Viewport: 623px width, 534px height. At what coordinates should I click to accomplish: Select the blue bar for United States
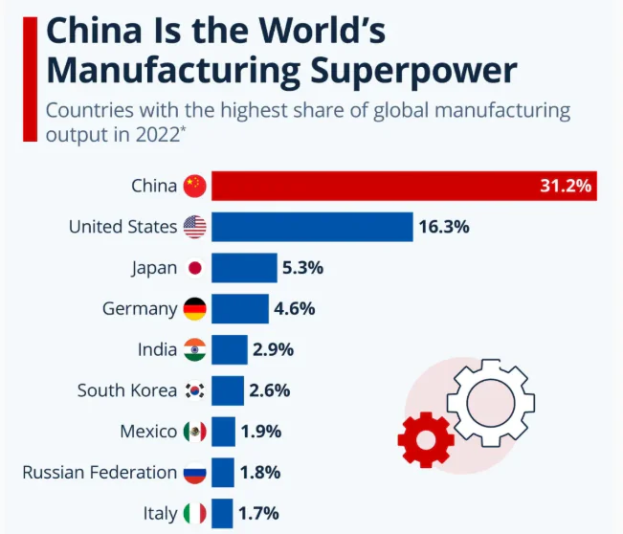click(312, 227)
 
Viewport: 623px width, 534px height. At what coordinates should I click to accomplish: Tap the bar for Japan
click(243, 268)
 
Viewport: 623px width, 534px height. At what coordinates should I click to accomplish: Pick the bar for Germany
click(239, 309)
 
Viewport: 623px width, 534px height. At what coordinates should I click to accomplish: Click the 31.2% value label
click(565, 186)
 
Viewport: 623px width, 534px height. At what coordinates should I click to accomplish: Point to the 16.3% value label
click(443, 227)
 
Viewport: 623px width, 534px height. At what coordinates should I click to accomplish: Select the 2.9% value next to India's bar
click(273, 350)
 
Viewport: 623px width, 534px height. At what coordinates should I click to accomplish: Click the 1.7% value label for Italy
click(259, 514)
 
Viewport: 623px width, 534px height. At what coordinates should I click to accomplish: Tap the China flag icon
click(194, 186)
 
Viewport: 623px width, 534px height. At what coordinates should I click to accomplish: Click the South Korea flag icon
click(194, 390)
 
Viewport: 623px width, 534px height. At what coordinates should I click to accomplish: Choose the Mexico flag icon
click(194, 432)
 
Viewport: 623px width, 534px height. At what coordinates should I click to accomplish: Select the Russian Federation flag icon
click(194, 473)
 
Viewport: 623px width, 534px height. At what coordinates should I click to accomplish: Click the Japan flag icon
click(194, 268)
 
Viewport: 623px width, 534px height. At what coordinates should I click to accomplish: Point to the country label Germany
click(140, 309)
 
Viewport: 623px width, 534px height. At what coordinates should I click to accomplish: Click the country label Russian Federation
click(100, 473)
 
